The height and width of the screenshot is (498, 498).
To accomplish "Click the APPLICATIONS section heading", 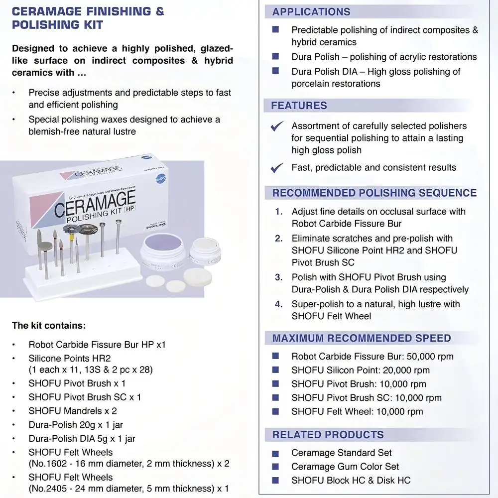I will click(311, 12).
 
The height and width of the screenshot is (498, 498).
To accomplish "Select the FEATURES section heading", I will click(299, 106).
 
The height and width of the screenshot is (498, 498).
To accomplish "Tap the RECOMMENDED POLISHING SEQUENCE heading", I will click(374, 193).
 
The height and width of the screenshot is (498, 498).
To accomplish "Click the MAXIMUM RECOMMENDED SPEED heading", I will click(362, 339).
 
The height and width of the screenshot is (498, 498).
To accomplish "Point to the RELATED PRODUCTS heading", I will click(328, 435).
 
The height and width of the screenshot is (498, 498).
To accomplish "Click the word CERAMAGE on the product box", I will click(95, 202).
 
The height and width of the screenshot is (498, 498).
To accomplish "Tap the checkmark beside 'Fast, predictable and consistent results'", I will click(277, 168).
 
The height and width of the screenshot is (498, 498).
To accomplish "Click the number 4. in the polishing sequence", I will click(278, 304).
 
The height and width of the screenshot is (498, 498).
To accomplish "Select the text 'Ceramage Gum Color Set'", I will click(345, 467).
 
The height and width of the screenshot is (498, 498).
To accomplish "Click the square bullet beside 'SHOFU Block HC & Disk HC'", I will click(275, 481).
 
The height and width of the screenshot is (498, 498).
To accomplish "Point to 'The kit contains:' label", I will click(49, 326).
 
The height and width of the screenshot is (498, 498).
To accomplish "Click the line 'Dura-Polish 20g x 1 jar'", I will click(76, 425).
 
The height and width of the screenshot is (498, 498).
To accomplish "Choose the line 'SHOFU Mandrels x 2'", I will click(73, 411).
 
